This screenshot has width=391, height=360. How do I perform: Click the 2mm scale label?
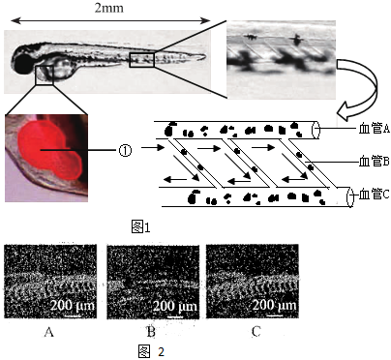point(108,8)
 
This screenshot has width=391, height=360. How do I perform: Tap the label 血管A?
point(375,129)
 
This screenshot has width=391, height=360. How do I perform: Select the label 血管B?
point(375,162)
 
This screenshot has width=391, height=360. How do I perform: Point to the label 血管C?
point(375,195)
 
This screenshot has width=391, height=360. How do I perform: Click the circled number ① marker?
point(125,150)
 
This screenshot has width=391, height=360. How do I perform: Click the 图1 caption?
point(140,226)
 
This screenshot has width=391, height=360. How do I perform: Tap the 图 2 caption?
point(151,351)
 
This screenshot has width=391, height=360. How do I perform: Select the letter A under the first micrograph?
point(48,331)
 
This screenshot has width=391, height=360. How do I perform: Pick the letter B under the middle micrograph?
point(151,331)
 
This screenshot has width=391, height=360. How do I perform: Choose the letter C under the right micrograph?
point(256,331)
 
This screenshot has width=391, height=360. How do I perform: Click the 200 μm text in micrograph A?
point(73,305)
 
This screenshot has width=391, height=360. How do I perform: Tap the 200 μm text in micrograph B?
point(174,306)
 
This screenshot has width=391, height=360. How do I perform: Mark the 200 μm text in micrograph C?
point(274,305)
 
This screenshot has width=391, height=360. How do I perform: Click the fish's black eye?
point(22,64)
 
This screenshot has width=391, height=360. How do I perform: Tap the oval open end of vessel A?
point(316,130)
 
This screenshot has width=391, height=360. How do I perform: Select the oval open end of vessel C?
point(350,196)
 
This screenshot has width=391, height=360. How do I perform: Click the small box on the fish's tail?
point(142,60)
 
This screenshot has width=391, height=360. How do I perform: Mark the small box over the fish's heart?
point(45,75)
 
